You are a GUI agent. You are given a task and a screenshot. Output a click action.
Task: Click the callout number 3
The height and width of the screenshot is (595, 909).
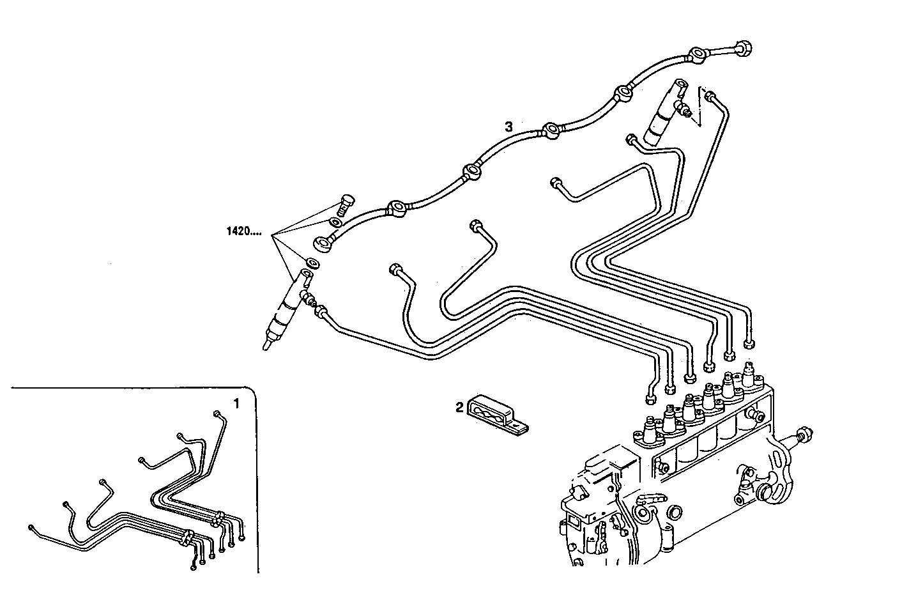pos(508,127)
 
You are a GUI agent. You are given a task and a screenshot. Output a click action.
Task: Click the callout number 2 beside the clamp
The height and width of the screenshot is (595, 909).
pos(459,407)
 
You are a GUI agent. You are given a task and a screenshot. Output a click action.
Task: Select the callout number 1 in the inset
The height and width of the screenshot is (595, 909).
pos(236,404)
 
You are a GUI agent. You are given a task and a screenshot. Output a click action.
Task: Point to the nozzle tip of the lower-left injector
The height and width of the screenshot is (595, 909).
pos(266,345)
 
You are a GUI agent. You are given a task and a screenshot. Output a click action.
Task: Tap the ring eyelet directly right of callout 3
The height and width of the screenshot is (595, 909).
pos(551,132)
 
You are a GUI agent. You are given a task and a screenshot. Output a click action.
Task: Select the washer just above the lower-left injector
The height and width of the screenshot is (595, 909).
pos(313,263)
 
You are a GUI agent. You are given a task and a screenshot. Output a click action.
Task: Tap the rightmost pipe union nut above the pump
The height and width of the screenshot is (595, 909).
pos(750,345)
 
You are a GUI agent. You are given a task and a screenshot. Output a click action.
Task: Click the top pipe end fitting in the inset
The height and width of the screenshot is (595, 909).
pos(217,413)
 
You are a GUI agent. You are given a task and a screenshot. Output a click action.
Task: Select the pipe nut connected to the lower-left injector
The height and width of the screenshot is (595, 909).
pos(323,313)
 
